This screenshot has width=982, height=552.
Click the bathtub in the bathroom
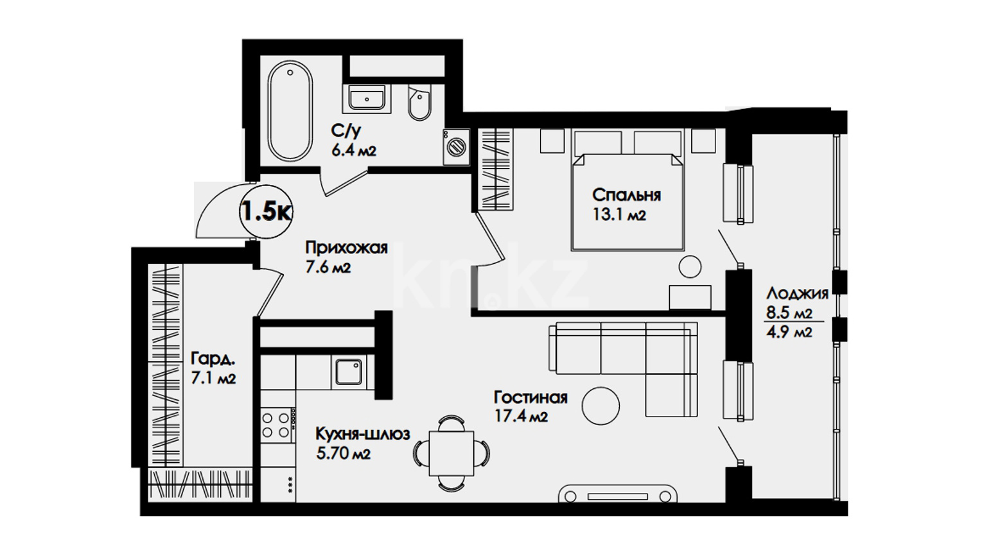pos(290,111)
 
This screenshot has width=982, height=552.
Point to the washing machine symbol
pos(457,147)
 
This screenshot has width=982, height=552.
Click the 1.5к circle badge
pos(266,212)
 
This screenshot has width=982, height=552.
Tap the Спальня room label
pos(626,195)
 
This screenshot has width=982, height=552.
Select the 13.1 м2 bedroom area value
pos(619,215)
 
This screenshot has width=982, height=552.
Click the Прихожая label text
pos(346,248)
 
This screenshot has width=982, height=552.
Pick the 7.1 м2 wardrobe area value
pos(213,378)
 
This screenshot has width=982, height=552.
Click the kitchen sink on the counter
pos(349,372)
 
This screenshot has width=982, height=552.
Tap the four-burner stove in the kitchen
pos(277,425)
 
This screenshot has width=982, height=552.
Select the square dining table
pos(451,453)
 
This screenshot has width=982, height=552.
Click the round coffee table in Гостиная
pos(601,406)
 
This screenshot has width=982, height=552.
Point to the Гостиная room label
pos(530,398)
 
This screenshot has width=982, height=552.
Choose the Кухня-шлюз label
pos(363,434)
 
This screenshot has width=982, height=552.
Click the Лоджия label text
pos(797,293)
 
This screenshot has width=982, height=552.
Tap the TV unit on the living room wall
pos(617,494)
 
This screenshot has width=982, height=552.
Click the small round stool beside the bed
pos(690,267)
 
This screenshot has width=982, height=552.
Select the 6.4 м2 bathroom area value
pos(354,151)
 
